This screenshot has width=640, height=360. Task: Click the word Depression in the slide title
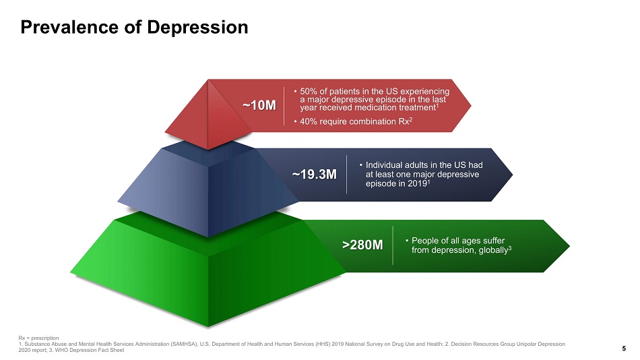(x=197, y=28)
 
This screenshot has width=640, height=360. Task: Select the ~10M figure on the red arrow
(x=259, y=105)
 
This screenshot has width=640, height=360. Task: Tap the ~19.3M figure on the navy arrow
(x=315, y=175)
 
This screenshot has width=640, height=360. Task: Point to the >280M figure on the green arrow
(x=362, y=245)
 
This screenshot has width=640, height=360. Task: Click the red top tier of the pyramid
(x=208, y=117)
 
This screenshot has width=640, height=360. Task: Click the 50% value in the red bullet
(x=308, y=92)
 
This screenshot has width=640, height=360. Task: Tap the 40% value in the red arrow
(x=308, y=121)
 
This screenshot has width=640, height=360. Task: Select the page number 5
(x=624, y=349)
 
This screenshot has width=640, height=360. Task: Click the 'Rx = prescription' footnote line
(x=39, y=338)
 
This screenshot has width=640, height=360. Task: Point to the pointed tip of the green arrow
(x=569, y=246)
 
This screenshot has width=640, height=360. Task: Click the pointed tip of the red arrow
(x=471, y=105)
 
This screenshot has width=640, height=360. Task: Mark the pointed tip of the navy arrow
(x=512, y=175)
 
